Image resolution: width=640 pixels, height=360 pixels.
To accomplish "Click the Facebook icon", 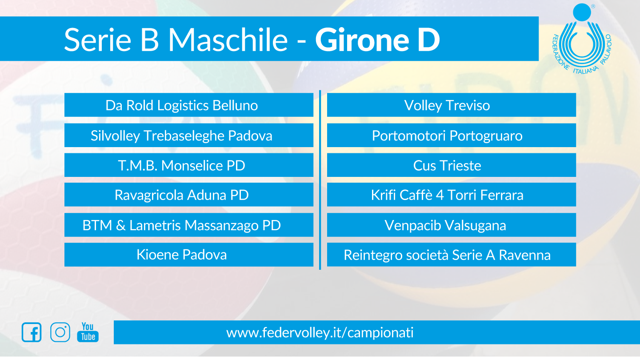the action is tap(32, 332).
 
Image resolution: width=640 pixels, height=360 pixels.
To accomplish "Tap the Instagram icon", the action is tap(60, 332).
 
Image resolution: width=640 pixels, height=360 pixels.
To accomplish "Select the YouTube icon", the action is tap(88, 332).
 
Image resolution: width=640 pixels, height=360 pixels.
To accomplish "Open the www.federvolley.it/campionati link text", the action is tap(320, 332).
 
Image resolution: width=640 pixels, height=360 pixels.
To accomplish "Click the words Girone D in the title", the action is tap(377, 40).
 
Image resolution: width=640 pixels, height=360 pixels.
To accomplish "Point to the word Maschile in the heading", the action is tap(228, 40).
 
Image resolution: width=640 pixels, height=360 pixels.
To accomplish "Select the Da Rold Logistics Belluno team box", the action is tap(189, 105).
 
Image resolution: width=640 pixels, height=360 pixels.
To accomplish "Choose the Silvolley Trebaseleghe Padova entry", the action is tap(189, 135).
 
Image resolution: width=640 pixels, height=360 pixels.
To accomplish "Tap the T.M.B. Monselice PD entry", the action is tap(189, 165).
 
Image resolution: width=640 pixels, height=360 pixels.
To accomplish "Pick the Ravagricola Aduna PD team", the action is tap(189, 195).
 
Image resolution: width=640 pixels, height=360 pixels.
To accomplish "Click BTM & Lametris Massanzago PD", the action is tap(189, 225).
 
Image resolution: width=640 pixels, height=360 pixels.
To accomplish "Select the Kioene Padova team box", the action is tap(189, 255).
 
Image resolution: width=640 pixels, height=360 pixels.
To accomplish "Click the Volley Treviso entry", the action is tap(452, 105).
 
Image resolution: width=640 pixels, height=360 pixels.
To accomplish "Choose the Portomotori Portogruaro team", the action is tap(452, 135).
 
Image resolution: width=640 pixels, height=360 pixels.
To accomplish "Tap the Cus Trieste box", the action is tap(452, 165).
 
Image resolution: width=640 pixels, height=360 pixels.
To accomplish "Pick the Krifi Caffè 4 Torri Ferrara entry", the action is tap(452, 195).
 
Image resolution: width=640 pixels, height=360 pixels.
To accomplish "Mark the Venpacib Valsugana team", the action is tap(452, 225).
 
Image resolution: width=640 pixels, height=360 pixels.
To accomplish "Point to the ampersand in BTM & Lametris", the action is tap(121, 225).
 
